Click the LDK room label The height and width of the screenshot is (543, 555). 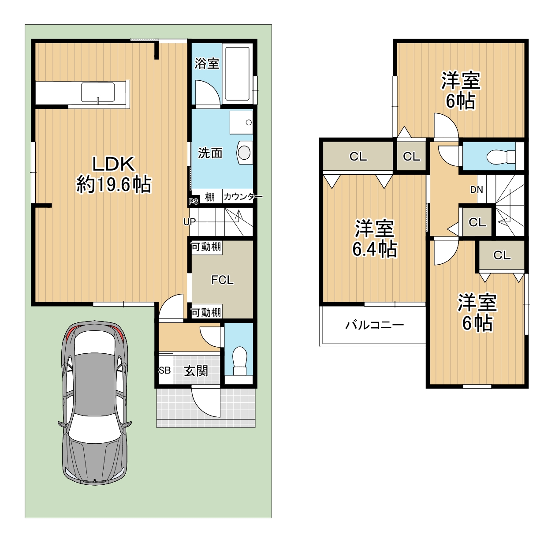tap(113, 164)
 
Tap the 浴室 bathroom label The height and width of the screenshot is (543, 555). tap(207, 64)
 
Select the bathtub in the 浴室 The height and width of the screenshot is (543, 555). tap(237, 74)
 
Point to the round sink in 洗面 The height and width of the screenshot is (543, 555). tap(244, 153)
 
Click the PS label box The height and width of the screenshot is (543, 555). tap(194, 202)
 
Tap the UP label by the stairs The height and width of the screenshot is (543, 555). tap(190, 222)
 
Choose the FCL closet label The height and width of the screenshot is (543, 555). tap(222, 280)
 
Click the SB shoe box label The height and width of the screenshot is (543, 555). tap(164, 370)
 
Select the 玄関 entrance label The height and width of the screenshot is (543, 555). tap(196, 371)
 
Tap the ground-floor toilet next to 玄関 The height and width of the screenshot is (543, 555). tap(239, 361)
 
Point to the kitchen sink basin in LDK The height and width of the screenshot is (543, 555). tap(98, 92)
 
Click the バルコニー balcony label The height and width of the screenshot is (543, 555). tap(374, 325)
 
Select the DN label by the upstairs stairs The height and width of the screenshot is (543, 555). tap(476, 190)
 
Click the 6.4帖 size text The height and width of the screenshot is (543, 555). tap(374, 249)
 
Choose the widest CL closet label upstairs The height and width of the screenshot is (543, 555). tap(358, 156)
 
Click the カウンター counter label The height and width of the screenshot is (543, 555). tap(242, 197)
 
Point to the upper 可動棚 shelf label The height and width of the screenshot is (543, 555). tap(206, 247)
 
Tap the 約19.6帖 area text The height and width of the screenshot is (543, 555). tap(113, 185)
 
